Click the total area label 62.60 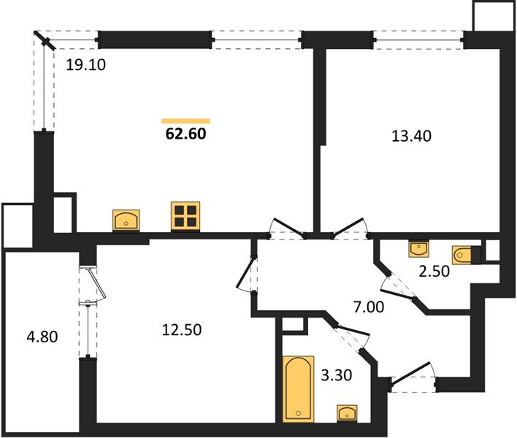tap(186, 134)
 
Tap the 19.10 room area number tap(85, 65)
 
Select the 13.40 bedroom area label tap(411, 136)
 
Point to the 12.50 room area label tap(182, 329)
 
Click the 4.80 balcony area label tap(42, 337)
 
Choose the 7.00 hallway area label tap(369, 307)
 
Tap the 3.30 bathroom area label tap(337, 375)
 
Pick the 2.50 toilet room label tap(434, 272)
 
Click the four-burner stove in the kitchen tap(185, 216)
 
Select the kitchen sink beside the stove tap(126, 220)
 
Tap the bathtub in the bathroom tap(299, 389)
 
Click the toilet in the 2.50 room tap(466, 255)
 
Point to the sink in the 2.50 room tap(418, 248)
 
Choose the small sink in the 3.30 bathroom tap(347, 413)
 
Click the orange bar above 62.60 tap(185, 121)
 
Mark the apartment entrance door tap(414, 377)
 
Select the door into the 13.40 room tap(351, 228)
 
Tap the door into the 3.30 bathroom tap(351, 337)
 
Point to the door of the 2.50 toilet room tap(398, 288)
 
